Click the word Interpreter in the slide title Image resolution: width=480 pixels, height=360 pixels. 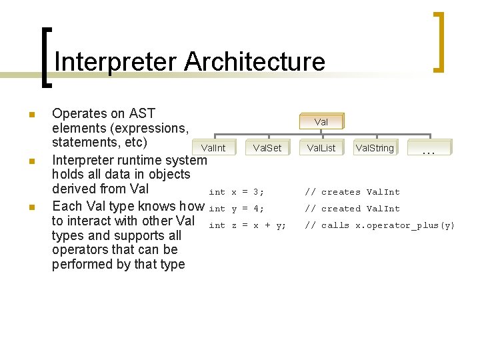point(115,62)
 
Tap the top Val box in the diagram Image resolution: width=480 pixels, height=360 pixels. point(321,122)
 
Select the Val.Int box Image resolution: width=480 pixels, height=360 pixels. point(213,148)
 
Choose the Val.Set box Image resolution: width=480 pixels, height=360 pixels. point(267,148)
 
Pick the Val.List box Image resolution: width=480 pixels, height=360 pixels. point(321,148)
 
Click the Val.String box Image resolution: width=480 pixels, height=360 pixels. point(375,148)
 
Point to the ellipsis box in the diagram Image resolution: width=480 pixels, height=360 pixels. point(429,150)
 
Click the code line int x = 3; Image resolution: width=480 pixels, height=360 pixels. point(237,192)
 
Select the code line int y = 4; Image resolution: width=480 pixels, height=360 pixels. point(237,209)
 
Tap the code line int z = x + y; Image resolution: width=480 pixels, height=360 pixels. point(247,225)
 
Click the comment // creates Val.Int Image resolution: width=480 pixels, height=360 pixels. point(352,192)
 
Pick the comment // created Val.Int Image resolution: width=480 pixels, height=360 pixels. point(352,209)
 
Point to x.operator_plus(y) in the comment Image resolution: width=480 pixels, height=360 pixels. point(405,225)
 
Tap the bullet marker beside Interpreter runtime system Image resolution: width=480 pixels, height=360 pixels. point(31,161)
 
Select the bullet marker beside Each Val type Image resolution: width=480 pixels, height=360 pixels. point(31,207)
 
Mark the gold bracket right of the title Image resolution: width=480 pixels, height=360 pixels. point(439,41)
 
